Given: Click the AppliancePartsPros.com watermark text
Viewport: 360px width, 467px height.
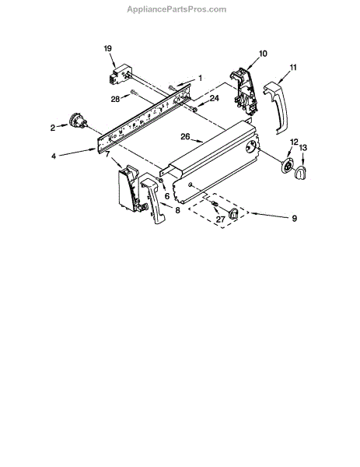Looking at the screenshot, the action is [177, 9].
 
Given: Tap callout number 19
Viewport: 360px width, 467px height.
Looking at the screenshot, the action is [108, 48].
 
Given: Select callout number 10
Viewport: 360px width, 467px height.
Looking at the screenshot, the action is [263, 54].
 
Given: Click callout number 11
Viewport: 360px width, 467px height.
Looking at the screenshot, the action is [293, 68].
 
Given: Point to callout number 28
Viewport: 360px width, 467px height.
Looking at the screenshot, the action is [115, 99].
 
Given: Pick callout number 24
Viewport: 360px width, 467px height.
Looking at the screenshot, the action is [215, 98].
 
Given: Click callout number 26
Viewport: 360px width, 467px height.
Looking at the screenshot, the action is [185, 137].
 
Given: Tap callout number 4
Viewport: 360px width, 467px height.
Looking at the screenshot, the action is [54, 156].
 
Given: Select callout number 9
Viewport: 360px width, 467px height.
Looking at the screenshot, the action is [294, 218].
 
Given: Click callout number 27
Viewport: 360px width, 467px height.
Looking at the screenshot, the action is [221, 219].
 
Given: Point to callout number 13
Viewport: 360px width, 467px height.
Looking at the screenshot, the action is [303, 148].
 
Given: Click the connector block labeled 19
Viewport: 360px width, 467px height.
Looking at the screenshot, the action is [120, 75].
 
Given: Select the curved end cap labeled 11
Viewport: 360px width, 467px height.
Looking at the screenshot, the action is [276, 107].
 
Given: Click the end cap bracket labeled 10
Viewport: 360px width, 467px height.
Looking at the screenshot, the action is [244, 92].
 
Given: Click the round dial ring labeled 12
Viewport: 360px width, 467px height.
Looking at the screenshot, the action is [287, 167].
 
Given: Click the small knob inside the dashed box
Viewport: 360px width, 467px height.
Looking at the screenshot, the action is [233, 214].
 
